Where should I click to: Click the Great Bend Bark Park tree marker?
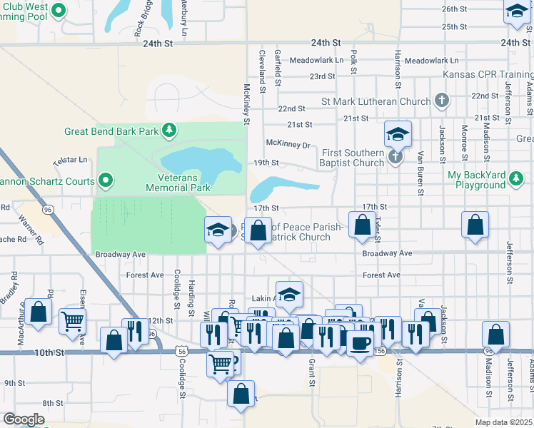click(168, 130)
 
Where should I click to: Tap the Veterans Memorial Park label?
click(178, 183)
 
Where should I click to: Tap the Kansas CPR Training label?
click(488, 73)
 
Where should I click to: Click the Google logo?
click(24, 419)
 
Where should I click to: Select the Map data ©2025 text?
click(504, 422)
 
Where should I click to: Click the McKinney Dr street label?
click(288, 145)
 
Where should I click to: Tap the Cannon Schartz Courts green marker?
click(106, 180)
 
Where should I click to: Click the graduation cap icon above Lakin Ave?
click(289, 293)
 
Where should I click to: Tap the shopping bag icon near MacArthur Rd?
click(39, 312)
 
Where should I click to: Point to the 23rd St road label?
click(321, 76)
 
